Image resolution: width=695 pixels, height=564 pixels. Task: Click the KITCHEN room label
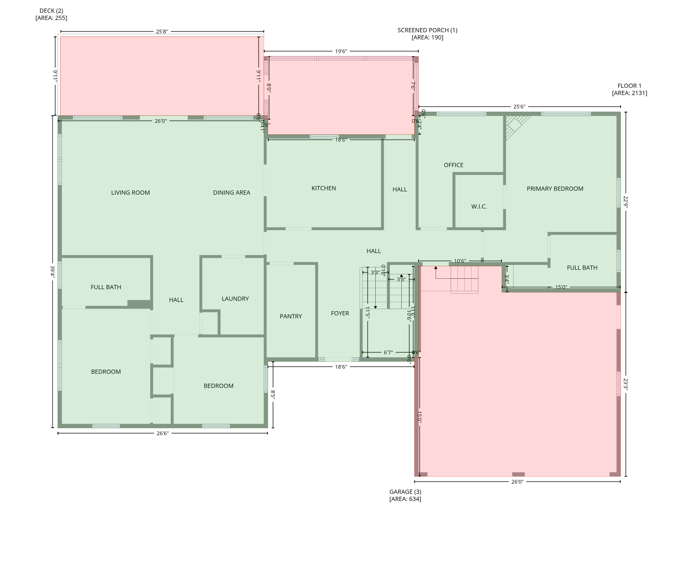click(x=323, y=188)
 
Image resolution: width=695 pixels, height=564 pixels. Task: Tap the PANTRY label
click(x=291, y=316)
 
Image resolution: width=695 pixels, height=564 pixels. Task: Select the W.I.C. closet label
click(x=479, y=207)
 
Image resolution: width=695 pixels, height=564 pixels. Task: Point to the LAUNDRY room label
click(x=235, y=299)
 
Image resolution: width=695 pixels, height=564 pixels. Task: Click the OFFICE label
click(x=453, y=165)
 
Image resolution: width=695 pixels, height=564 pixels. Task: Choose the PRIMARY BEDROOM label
click(x=555, y=189)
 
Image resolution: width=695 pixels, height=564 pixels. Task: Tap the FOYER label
click(x=340, y=313)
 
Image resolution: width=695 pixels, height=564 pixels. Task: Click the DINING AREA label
click(x=231, y=193)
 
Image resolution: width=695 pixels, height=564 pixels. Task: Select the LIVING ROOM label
click(x=130, y=193)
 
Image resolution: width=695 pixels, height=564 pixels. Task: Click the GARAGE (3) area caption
click(x=405, y=495)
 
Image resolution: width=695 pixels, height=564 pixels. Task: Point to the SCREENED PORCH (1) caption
click(x=427, y=34)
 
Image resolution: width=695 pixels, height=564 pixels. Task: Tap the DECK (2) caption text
click(x=51, y=14)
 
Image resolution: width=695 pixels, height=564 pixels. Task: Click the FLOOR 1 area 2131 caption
click(x=629, y=89)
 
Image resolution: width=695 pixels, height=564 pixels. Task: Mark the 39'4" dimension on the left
click(x=53, y=272)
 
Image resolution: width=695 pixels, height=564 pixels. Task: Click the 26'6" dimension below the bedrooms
click(x=162, y=433)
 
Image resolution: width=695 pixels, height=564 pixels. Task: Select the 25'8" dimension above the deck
click(x=162, y=32)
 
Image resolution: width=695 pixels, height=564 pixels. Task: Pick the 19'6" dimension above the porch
click(x=341, y=51)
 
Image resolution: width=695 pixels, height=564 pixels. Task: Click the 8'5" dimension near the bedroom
click(x=273, y=394)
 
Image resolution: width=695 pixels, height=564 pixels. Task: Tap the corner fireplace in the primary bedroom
click(x=515, y=126)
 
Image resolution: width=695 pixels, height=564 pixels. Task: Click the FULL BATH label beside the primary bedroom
click(x=582, y=268)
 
